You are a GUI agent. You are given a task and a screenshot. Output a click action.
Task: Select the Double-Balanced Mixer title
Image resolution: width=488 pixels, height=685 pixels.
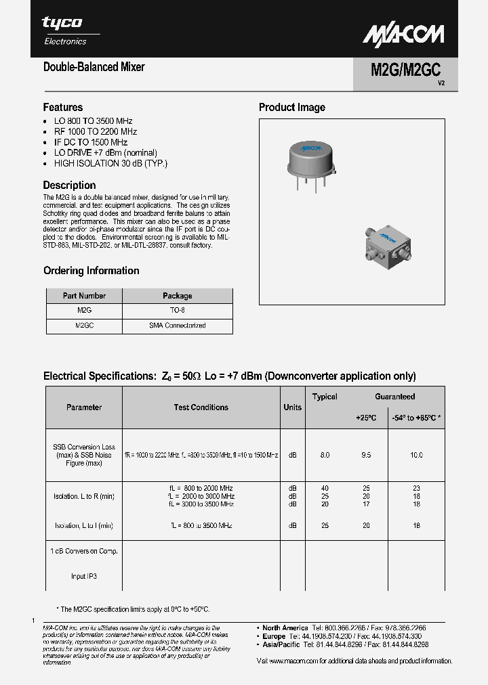[94, 67]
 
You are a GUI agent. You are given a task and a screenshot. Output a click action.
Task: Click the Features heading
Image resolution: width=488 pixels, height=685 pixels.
[63, 107]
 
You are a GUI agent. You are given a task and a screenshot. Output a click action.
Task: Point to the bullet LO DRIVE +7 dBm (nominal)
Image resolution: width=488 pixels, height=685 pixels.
[105, 153]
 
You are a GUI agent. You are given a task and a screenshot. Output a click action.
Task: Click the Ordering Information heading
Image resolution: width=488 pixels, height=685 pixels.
[91, 271]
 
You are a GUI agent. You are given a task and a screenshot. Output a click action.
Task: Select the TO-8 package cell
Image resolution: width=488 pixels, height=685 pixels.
[178, 310]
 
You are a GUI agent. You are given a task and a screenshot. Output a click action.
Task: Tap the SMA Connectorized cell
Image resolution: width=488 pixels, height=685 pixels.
[178, 326]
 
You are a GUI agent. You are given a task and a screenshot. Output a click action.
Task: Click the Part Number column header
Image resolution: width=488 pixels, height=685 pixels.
[84, 296]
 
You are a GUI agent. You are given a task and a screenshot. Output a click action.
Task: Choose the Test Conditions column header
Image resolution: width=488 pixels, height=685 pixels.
[201, 407]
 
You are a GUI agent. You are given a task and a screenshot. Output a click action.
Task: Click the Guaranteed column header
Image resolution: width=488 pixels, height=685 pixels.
[395, 397]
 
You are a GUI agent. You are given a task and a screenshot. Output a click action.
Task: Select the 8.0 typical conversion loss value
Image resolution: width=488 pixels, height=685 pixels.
[325, 456]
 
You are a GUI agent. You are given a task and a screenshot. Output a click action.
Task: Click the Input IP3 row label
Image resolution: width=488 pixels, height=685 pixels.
[84, 577]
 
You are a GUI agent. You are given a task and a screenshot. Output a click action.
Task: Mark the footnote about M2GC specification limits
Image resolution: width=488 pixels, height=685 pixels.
[133, 609]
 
